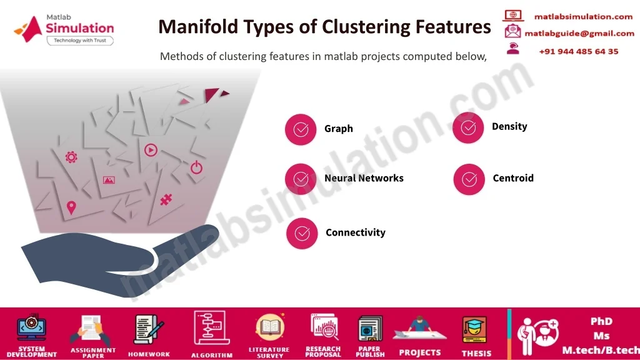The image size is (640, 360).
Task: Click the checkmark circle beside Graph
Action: coord(301,129)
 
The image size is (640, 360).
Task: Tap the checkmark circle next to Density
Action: coord(468,127)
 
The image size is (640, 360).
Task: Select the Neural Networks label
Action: coord(364,178)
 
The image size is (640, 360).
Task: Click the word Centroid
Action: coord(513,178)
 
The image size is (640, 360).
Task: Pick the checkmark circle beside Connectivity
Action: coord(302,234)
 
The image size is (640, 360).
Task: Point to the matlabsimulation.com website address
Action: coord(583,17)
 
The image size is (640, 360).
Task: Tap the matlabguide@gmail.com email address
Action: coord(579,34)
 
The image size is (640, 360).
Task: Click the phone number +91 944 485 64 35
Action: coord(578,51)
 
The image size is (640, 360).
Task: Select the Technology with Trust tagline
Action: coord(80,41)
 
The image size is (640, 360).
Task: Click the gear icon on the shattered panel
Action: coord(71,157)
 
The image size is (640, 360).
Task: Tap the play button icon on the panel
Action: coord(151,150)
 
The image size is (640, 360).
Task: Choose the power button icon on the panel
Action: coord(196,167)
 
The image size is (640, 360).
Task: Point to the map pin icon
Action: coord(71,207)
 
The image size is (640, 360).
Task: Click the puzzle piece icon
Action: coord(166,199)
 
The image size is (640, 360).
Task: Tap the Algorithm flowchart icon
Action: coord(210,328)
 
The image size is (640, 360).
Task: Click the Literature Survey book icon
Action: coord(270,327)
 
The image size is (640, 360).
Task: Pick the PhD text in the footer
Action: coord(601,321)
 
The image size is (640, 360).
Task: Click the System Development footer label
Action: coord(32,352)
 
